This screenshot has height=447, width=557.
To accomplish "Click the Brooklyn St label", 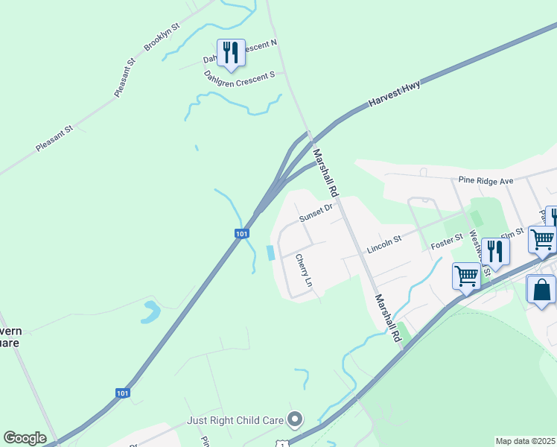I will (x=162, y=37).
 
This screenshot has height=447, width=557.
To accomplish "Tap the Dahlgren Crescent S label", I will (x=240, y=77).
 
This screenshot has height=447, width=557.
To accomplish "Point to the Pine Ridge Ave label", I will (x=486, y=180).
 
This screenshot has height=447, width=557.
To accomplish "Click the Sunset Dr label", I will (x=314, y=215).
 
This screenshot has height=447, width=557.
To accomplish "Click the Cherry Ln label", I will (x=302, y=271).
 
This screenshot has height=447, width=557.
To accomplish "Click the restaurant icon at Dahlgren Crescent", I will (x=231, y=53).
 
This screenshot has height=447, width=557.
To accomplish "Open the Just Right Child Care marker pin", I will (x=295, y=420).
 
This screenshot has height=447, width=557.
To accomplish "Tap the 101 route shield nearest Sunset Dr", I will (x=241, y=233).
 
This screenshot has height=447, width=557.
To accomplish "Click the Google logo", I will (x=25, y=438).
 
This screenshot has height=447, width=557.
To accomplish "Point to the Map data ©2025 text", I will (x=526, y=441).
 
